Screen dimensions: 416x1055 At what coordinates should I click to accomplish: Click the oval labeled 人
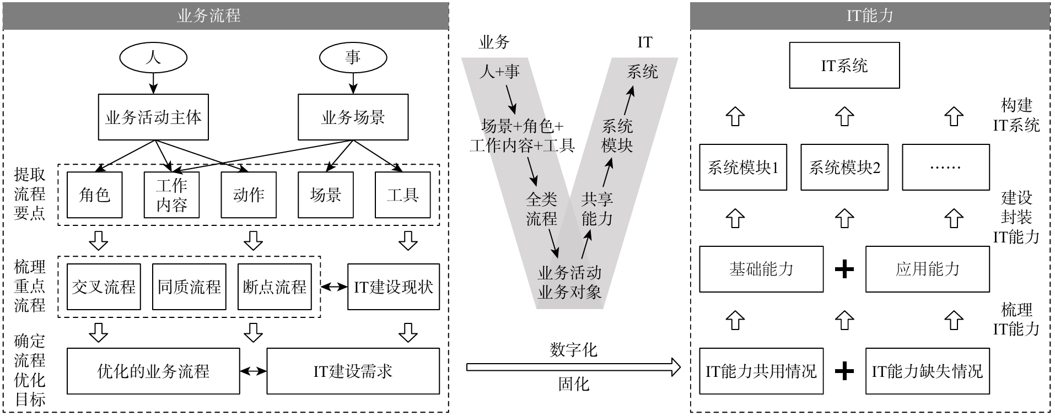pyautogui.click(x=153, y=57)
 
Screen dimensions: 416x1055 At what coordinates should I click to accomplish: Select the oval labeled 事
pyautogui.click(x=353, y=57)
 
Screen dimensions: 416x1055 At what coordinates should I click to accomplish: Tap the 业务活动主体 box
pyautogui.click(x=153, y=117)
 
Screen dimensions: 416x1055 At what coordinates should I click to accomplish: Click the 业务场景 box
pyautogui.click(x=353, y=117)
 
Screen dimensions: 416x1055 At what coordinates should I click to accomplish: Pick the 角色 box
pyautogui.click(x=94, y=195)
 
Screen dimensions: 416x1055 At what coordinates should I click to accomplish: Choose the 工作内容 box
pyautogui.click(x=171, y=195)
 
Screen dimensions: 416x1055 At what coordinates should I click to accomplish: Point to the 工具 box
pyautogui.click(x=402, y=195)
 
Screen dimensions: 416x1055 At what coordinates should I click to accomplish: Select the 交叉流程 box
pyautogui.click(x=104, y=287)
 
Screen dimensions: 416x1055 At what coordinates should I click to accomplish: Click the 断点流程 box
pyautogui.click(x=274, y=287)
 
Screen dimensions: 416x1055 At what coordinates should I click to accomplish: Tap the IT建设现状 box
pyautogui.click(x=393, y=287)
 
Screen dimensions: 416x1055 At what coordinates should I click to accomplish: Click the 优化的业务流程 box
pyautogui.click(x=153, y=371)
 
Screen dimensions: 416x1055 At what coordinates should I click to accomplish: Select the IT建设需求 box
pyautogui.click(x=353, y=371)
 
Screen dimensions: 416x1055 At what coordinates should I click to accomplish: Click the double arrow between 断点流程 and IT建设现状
pyautogui.click(x=334, y=287)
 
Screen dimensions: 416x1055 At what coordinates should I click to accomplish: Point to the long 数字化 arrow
pyautogui.click(x=573, y=367)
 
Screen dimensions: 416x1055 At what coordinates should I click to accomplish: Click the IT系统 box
pyautogui.click(x=844, y=65)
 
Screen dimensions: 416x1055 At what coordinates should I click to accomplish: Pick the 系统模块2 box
pyautogui.click(x=844, y=168)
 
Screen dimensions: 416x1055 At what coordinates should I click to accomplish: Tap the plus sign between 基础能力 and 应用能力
pyautogui.click(x=844, y=269)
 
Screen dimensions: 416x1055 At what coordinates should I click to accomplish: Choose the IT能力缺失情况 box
pyautogui.click(x=927, y=371)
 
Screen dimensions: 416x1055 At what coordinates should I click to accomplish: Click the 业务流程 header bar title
pyautogui.click(x=208, y=15)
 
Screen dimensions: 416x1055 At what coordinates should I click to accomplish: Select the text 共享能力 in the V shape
pyautogui.click(x=597, y=209)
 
